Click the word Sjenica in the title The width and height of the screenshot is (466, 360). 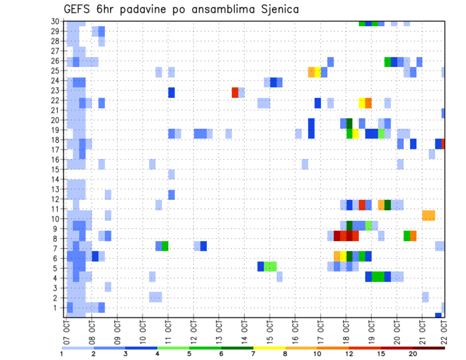(x=278, y=9)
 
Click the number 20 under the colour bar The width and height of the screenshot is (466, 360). (x=413, y=354)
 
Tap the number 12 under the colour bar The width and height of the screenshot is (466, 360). (x=349, y=354)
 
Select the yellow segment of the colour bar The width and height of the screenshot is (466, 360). (x=269, y=347)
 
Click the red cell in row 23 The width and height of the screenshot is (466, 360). (x=235, y=92)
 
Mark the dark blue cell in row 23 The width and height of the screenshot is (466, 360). (x=171, y=92)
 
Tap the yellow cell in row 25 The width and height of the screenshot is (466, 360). (x=317, y=72)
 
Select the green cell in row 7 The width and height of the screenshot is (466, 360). (x=165, y=246)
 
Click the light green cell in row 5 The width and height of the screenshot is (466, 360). (x=270, y=266)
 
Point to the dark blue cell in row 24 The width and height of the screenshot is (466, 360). (x=273, y=82)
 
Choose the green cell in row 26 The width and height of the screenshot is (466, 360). (x=387, y=62)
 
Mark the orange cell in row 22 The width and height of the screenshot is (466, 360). (x=368, y=102)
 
